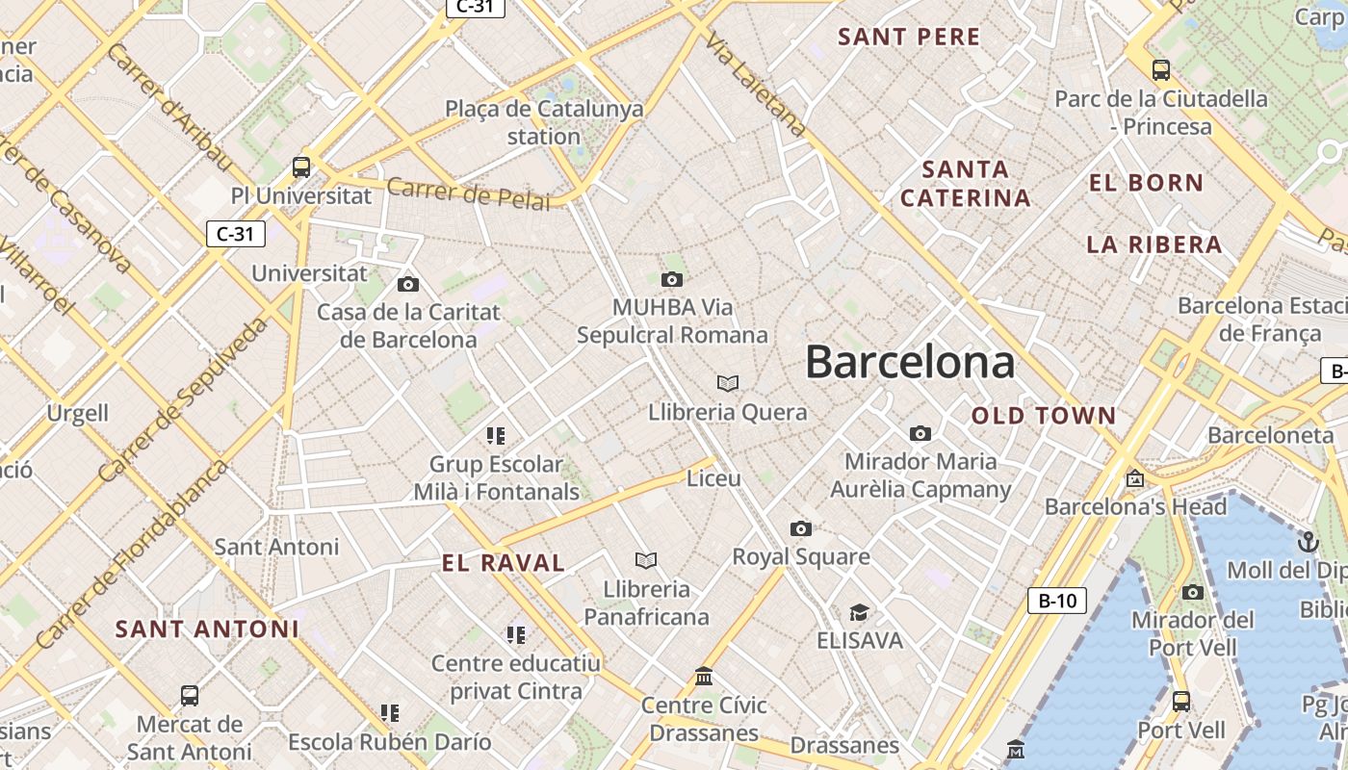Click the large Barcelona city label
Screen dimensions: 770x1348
[x=910, y=363]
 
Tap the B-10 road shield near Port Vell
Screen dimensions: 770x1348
[x=1056, y=601]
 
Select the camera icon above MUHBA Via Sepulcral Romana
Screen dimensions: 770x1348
[x=672, y=280]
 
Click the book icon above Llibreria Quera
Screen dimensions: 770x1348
[x=728, y=384]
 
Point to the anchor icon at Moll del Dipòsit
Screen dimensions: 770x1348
[x=1308, y=542]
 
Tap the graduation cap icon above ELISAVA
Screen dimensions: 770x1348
[x=859, y=613]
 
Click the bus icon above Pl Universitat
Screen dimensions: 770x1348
[x=301, y=167]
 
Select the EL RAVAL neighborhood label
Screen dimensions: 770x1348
[x=504, y=564]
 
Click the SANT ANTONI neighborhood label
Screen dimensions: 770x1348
[x=207, y=629]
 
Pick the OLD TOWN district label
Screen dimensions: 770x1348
[x=1044, y=417]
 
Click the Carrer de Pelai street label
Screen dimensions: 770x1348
[x=469, y=192]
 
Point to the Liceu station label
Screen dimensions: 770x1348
[x=713, y=478]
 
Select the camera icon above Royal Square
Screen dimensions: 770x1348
[x=800, y=528]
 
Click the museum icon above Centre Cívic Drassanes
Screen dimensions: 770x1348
[x=704, y=677]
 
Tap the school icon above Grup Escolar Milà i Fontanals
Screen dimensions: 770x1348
[x=496, y=436]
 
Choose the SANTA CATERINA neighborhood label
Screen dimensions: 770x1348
[x=966, y=184]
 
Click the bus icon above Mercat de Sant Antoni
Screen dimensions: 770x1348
[x=190, y=696]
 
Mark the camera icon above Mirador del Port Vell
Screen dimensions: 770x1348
[x=1193, y=593]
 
